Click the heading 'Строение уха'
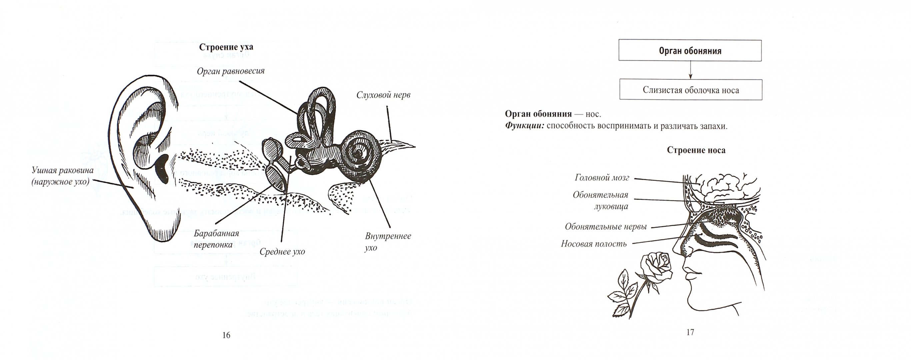(x=226, y=47)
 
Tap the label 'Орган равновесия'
(x=231, y=71)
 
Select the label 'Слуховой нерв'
(x=383, y=95)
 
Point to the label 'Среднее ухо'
(x=282, y=252)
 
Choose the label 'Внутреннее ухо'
(x=388, y=242)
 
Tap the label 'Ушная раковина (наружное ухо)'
(x=63, y=176)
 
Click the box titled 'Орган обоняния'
(x=690, y=51)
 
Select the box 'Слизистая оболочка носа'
(x=691, y=90)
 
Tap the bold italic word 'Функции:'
(x=524, y=126)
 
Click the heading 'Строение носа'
(x=696, y=150)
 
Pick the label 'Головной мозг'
(x=602, y=178)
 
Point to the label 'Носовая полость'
(x=593, y=244)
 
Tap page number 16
(x=226, y=335)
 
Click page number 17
(x=690, y=332)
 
